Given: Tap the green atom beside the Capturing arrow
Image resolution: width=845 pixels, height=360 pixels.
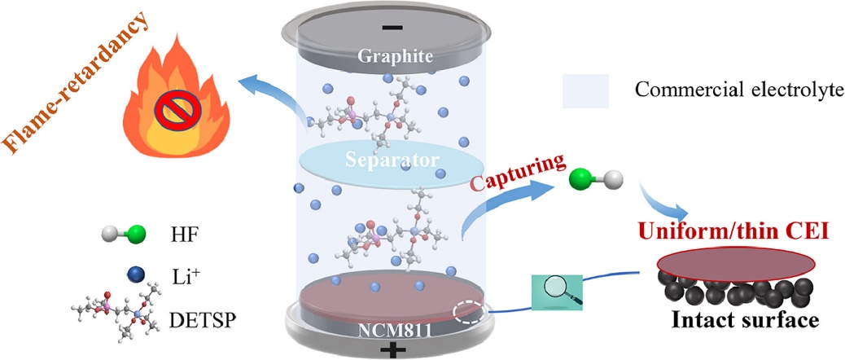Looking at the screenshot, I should click(x=580, y=180).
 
